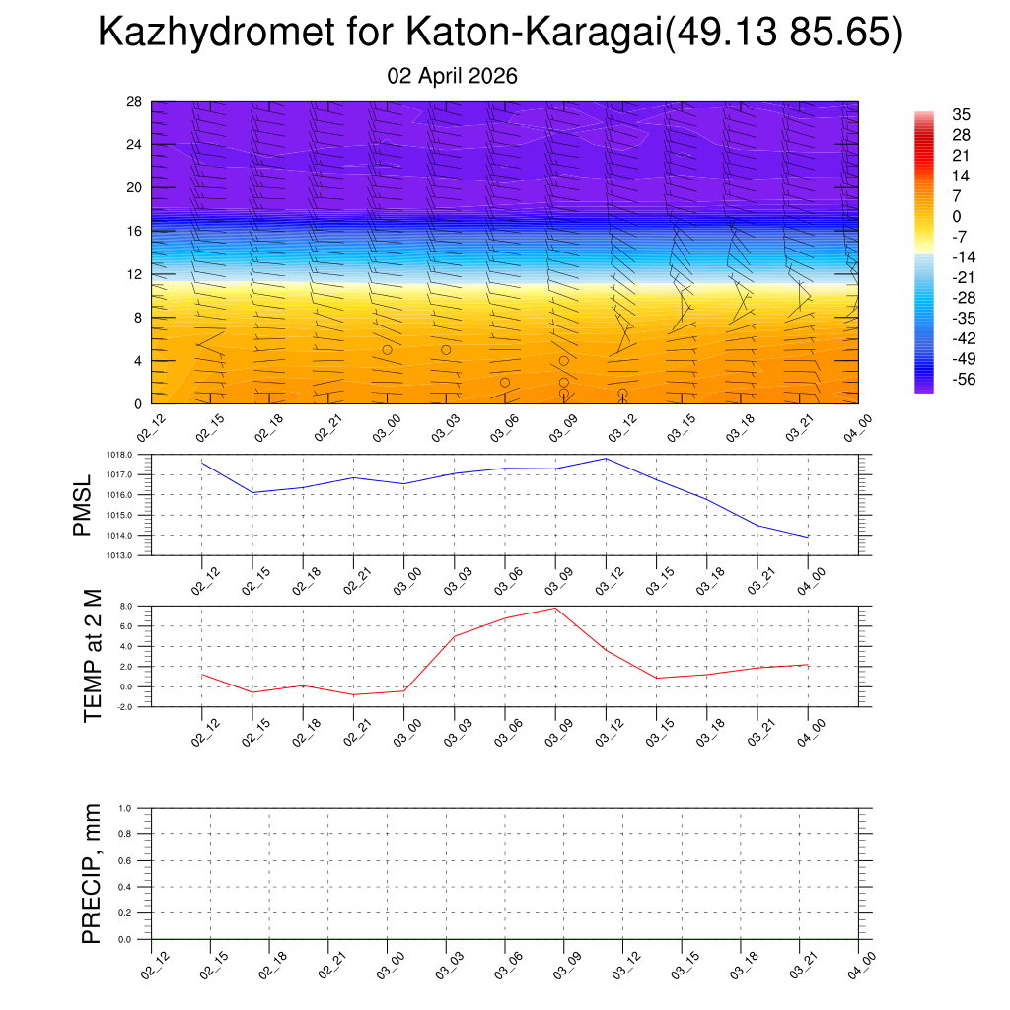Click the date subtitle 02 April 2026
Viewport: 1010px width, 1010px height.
453,77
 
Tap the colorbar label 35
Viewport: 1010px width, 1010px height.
961,114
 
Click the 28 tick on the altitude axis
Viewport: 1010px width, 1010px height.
134,102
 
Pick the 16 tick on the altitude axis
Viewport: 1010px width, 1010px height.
134,231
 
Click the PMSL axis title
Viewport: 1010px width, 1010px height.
82,505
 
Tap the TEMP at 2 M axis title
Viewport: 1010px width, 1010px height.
93,656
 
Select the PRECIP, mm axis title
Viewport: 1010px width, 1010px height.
93,874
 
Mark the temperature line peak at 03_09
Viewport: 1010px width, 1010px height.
555,608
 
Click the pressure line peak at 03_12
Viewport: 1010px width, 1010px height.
607,459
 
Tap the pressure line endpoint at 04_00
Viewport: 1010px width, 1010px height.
809,537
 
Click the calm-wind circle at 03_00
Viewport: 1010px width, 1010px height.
388,349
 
